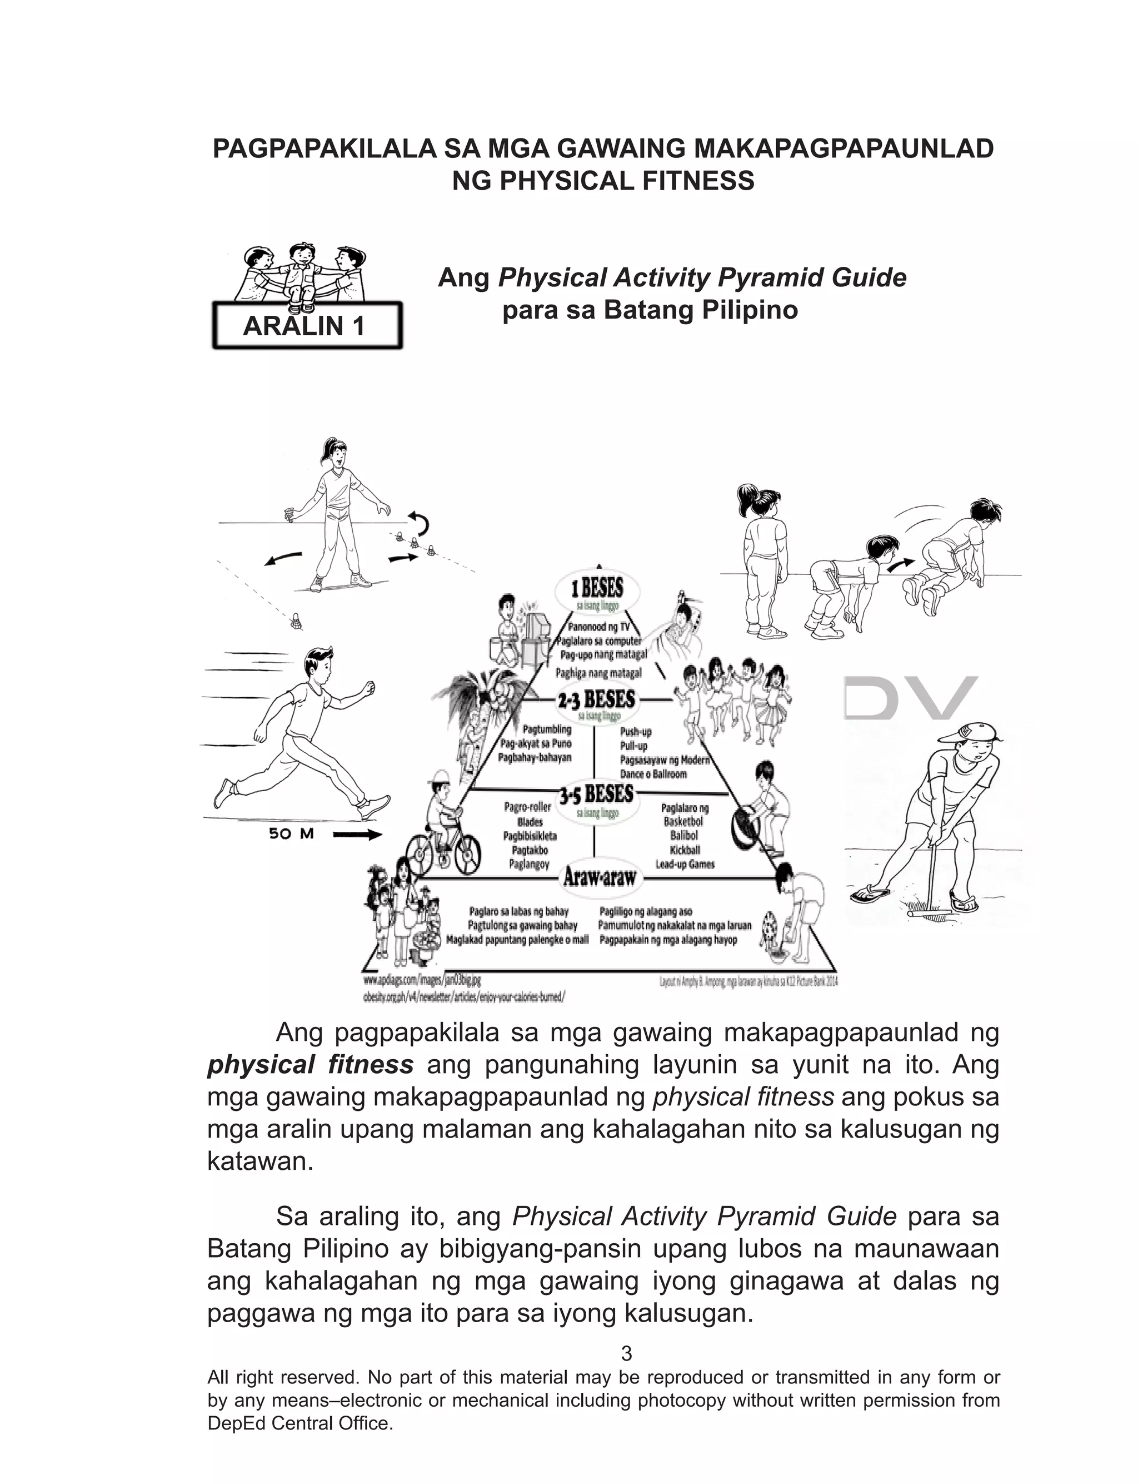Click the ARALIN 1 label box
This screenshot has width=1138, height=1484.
(x=307, y=326)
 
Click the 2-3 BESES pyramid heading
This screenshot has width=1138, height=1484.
(x=596, y=699)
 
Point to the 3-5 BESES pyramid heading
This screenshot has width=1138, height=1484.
(x=596, y=794)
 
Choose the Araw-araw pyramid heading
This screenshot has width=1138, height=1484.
(x=600, y=877)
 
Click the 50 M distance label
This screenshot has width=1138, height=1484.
(x=291, y=834)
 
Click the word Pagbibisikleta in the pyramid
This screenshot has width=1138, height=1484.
(x=529, y=836)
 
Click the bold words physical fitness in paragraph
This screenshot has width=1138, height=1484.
(x=310, y=1065)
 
